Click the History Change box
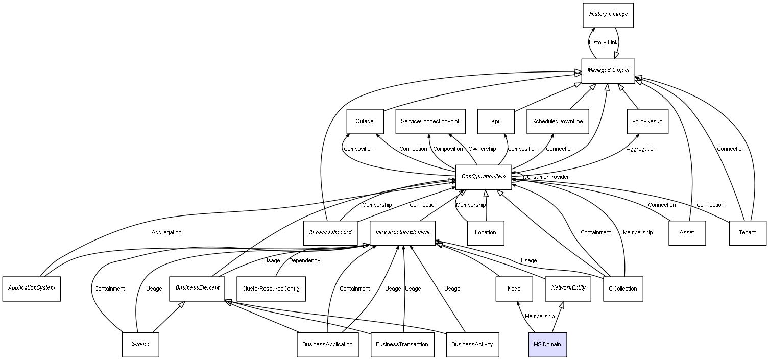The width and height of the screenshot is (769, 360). point(608,15)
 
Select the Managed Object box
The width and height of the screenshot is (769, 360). point(608,70)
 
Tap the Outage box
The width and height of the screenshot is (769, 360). point(365,122)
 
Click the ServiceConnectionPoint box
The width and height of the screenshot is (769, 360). point(430,122)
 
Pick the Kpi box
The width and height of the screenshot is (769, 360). point(495,122)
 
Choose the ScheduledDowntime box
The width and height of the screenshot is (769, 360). point(557,122)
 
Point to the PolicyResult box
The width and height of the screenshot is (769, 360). point(647,122)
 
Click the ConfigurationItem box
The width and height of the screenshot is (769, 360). point(483,177)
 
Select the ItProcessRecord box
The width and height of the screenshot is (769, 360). point(330,232)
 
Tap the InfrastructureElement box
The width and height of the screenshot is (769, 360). point(402,232)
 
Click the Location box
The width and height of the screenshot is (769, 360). point(485,233)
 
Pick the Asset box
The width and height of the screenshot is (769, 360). point(687,233)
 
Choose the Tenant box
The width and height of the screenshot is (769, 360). point(747,233)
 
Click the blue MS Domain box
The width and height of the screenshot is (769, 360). point(547,344)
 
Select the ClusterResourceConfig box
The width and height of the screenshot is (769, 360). point(271,289)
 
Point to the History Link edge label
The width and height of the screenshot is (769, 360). point(603,43)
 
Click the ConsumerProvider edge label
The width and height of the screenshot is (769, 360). point(546,177)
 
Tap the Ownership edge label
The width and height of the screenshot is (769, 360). point(482,149)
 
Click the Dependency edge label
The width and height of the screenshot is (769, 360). point(304,261)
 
